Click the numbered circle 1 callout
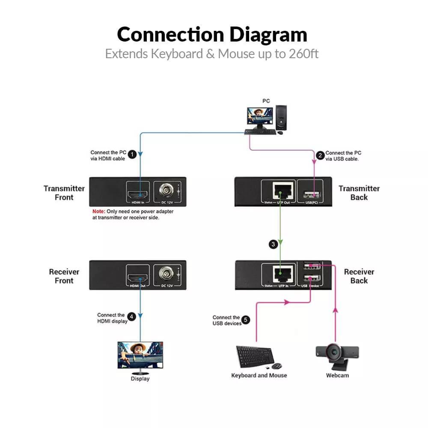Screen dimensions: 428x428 coord(132,154)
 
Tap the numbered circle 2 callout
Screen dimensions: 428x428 coord(320,155)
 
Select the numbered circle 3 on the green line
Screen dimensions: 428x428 coord(273,244)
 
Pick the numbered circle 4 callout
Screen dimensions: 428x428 coord(132,317)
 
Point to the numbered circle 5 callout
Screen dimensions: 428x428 coord(245,320)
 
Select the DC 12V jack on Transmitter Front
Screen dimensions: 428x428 coord(165,190)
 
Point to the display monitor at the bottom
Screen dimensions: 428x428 coord(140,355)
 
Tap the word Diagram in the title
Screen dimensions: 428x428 coord(268,35)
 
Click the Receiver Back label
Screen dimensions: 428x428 coord(359,276)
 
